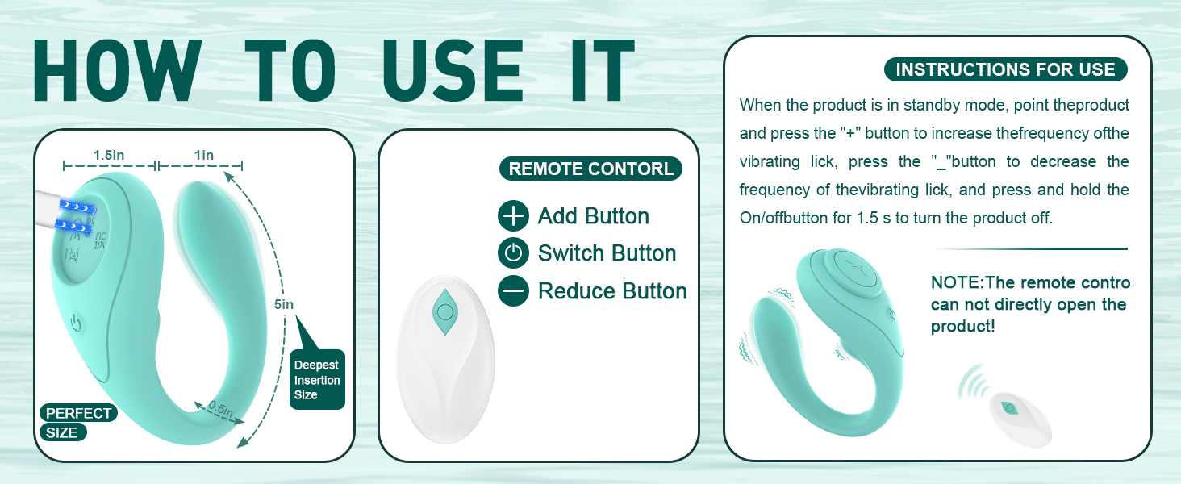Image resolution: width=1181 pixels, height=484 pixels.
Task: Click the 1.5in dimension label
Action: (x=107, y=155)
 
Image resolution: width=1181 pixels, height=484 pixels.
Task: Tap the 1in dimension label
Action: (x=204, y=155)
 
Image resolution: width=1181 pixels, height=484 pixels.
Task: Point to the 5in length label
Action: (x=284, y=305)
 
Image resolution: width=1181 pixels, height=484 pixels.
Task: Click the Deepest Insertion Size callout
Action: (x=316, y=379)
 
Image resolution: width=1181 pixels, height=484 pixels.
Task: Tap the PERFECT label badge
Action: (x=78, y=413)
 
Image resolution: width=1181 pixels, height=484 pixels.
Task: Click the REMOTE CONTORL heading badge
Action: (x=590, y=169)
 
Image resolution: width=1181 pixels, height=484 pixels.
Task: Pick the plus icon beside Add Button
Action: (x=513, y=216)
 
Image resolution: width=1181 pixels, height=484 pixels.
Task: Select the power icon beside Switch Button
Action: (x=513, y=253)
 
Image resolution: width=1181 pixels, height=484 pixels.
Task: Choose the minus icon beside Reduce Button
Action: (x=513, y=290)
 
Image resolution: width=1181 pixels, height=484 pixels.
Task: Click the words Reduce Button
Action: (x=612, y=290)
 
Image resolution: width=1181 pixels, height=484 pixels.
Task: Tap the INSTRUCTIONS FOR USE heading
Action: (x=1005, y=69)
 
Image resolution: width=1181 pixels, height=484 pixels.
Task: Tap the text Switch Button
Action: (x=607, y=253)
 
